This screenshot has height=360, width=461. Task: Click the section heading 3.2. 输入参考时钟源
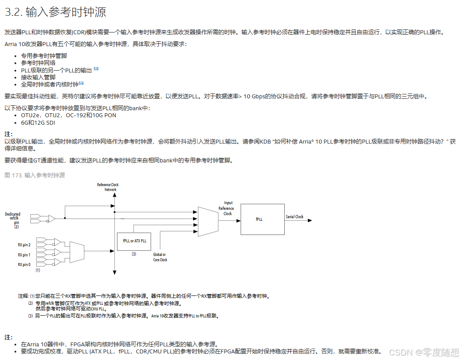click(55, 12)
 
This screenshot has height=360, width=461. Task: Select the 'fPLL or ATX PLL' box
click(134, 241)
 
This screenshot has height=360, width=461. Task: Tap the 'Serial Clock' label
click(294, 217)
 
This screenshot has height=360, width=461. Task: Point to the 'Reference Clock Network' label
click(108, 187)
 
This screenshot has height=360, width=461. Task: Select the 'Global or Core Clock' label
click(160, 257)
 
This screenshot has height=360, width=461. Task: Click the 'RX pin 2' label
click(24, 245)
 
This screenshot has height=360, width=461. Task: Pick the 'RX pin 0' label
click(24, 264)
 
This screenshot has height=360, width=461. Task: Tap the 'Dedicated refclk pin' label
click(13, 219)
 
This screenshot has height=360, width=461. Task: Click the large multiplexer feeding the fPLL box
click(208, 220)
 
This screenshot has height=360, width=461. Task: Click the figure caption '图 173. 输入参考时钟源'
click(35, 175)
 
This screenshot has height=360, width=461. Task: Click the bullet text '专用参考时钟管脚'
click(44, 56)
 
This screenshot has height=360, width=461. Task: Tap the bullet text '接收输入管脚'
click(38, 77)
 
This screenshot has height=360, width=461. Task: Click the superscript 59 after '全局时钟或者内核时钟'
click(81, 83)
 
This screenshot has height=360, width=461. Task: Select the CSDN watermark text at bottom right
click(424, 352)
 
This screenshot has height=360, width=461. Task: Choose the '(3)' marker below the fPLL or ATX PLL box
click(134, 254)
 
